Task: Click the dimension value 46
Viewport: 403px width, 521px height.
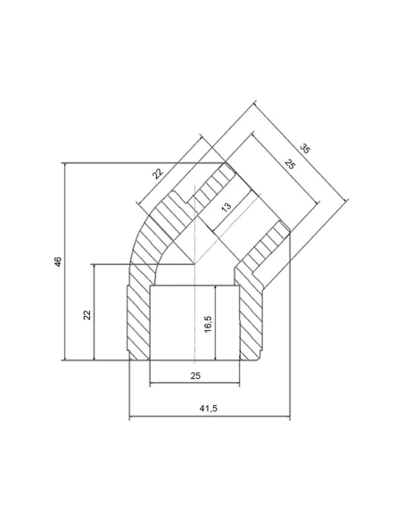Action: point(58,261)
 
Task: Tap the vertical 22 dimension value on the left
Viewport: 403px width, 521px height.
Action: point(86,315)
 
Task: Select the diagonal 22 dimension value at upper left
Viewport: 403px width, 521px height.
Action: point(159,173)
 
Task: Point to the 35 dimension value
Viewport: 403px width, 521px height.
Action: point(305,148)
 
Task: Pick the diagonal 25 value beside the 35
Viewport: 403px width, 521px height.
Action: point(290,164)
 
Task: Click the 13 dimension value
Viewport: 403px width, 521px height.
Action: point(226,207)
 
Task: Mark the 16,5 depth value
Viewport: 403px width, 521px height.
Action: point(208,324)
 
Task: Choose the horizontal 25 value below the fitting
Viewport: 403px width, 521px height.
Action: point(195,376)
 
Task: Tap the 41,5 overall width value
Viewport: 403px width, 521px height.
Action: point(208,409)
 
